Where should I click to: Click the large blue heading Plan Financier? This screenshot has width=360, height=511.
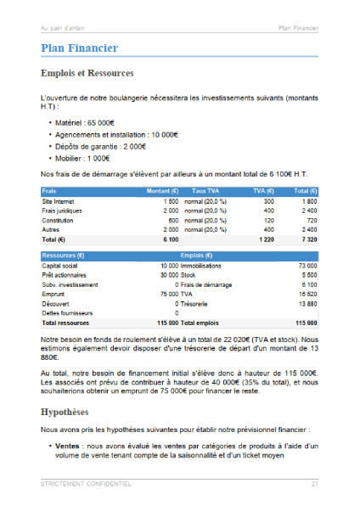point(79,48)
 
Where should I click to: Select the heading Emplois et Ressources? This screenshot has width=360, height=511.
point(87,74)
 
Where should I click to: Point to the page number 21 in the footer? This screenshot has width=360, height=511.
point(314,484)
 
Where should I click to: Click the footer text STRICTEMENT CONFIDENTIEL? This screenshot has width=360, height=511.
point(86,484)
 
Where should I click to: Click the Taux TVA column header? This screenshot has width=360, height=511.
point(206,191)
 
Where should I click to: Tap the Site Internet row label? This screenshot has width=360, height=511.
point(59,201)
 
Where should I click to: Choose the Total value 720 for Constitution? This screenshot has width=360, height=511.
point(312,220)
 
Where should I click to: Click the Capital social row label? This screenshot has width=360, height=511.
point(59,266)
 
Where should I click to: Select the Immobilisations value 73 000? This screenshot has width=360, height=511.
point(307,266)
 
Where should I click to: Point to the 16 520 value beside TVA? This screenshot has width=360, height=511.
point(307,294)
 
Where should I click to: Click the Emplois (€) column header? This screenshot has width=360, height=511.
point(196,255)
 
